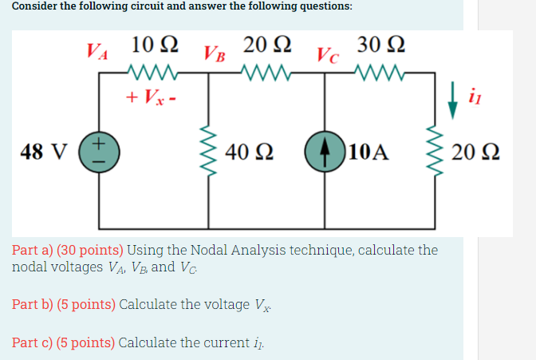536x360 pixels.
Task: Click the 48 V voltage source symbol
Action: (x=99, y=151)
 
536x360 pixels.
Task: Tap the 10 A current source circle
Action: (x=323, y=151)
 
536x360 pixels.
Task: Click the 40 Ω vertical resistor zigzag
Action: (x=209, y=151)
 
